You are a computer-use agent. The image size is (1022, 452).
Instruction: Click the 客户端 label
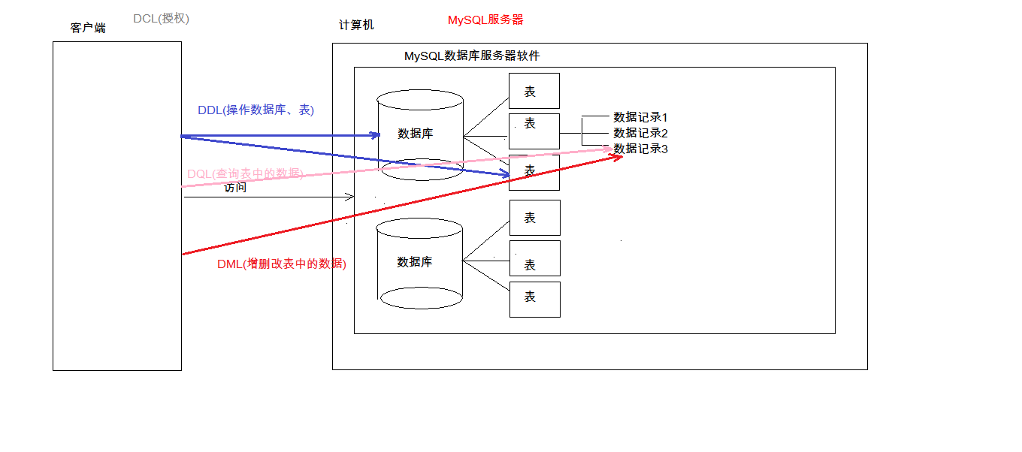click(x=88, y=28)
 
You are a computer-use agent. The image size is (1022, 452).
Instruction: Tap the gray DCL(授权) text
click(x=161, y=18)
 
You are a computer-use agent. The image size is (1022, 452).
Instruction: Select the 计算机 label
click(x=356, y=25)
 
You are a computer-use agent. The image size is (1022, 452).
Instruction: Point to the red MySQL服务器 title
click(x=485, y=20)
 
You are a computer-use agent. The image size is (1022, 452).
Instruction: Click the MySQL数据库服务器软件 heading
click(x=472, y=56)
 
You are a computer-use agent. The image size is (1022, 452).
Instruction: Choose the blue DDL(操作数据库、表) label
click(x=255, y=110)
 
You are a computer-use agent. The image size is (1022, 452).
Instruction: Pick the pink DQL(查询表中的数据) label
click(x=245, y=173)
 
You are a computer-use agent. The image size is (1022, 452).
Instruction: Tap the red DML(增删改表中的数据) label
click(x=282, y=264)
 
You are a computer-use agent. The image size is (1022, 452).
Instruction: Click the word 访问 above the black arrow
click(x=235, y=188)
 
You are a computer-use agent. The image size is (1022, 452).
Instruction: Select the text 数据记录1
click(x=640, y=117)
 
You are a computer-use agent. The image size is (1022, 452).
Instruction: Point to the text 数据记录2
click(x=640, y=133)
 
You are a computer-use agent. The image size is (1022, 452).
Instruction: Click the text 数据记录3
click(x=640, y=149)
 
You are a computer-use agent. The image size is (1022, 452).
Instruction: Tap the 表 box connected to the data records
click(x=534, y=131)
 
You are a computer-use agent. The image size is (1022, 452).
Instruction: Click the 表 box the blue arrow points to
click(x=534, y=172)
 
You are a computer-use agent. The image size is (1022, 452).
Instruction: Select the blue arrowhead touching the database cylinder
click(x=376, y=135)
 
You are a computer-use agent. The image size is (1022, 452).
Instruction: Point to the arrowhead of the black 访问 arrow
click(x=350, y=197)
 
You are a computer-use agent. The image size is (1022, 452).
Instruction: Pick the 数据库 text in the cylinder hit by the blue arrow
click(x=415, y=134)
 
